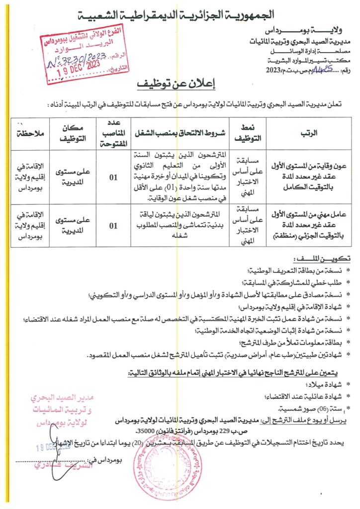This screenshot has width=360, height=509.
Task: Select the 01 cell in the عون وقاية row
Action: pyautogui.click(x=113, y=175)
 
